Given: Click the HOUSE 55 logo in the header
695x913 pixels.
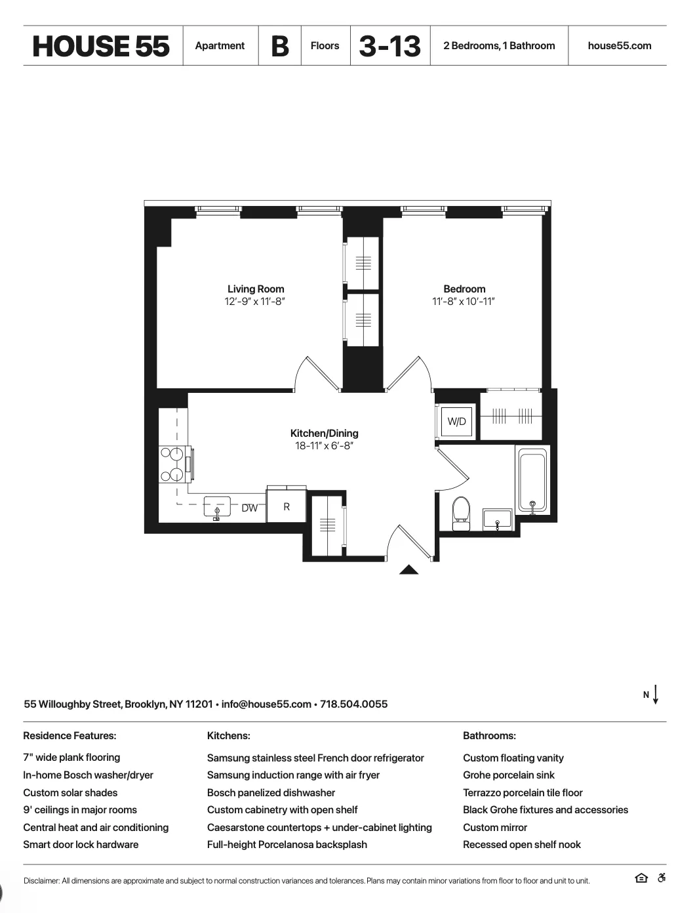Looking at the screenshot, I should tap(101, 46).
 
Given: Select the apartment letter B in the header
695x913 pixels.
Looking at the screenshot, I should tap(280, 46).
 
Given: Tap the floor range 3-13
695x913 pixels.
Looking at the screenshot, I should tap(390, 46).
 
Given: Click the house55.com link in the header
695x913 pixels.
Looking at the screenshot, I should tap(620, 46).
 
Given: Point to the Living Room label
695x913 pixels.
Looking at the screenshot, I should tap(256, 289).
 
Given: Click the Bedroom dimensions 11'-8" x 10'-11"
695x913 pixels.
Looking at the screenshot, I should tap(464, 302).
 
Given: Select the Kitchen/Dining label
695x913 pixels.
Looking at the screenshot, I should tap(324, 433).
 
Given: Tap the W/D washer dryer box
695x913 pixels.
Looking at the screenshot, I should tap(456, 421).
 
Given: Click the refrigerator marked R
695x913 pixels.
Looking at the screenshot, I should tap(287, 506).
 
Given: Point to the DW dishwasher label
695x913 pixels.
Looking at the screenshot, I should tap(249, 508).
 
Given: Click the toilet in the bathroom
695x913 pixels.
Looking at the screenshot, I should tap(461, 512).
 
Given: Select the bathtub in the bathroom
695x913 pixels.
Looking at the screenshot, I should tap(532, 480).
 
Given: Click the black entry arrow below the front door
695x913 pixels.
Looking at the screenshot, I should tap(408, 569).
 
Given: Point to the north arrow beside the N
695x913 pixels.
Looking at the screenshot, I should tap(656, 695).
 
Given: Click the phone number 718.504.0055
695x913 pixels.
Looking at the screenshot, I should tap(353, 704).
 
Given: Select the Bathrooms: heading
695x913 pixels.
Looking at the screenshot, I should tap(489, 736).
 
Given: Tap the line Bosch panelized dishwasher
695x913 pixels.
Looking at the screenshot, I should tap(271, 792).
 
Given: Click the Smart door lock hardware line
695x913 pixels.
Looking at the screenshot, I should tap(81, 844).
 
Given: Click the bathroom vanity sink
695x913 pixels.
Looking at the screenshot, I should tap(498, 519).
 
